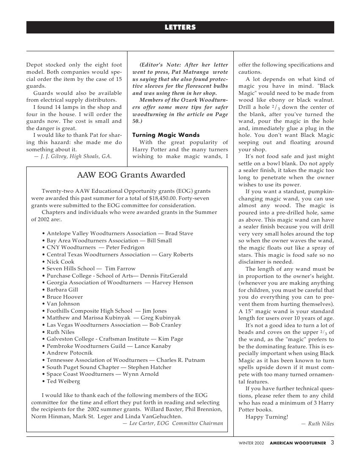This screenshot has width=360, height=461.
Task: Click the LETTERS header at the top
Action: tap(180, 27)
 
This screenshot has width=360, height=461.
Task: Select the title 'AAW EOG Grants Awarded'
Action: tap(131, 175)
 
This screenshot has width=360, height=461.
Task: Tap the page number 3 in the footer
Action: tap(332, 443)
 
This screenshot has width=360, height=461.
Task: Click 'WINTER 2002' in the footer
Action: tap(251, 443)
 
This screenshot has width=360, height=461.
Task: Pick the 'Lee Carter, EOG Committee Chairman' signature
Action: tap(172, 423)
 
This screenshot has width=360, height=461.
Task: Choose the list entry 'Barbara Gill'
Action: tap(62, 290)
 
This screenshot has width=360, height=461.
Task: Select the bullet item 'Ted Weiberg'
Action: tap(63, 381)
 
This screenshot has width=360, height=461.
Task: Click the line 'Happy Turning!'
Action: tap(266, 417)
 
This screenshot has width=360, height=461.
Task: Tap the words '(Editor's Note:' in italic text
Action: tap(162, 65)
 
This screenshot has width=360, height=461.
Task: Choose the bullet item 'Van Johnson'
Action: tap(63, 304)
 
